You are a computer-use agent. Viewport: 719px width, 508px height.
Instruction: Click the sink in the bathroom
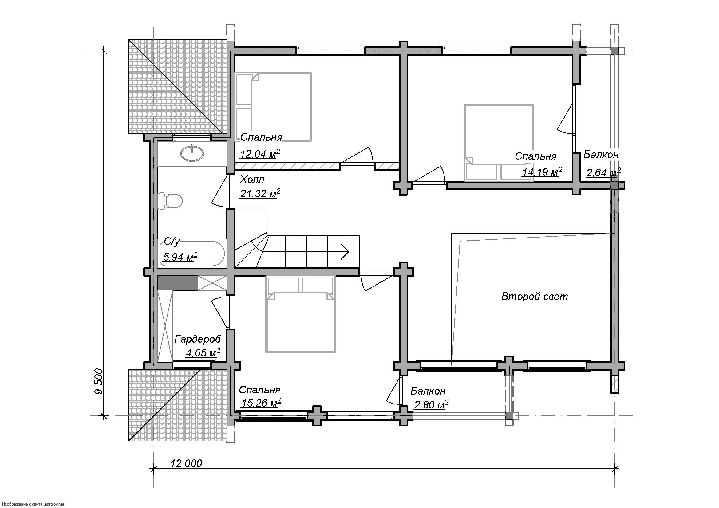192,153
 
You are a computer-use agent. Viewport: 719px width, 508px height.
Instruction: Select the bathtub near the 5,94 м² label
191,254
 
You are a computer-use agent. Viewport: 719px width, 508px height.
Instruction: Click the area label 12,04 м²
260,154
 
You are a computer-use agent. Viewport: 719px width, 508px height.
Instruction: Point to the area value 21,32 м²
260,193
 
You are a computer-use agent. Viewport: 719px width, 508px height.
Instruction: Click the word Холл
252,180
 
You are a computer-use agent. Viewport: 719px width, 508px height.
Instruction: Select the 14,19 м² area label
542,171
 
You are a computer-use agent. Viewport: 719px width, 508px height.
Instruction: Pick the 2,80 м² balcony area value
431,404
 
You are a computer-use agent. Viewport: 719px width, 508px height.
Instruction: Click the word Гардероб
198,339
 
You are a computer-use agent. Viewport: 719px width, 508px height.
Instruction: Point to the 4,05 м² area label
203,353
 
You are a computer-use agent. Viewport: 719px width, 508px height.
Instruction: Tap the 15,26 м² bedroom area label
261,403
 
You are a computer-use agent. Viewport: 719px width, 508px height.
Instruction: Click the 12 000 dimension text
186,463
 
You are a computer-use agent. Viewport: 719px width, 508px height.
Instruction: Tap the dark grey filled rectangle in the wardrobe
178,283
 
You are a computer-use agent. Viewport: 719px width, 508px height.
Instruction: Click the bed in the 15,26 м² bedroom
300,314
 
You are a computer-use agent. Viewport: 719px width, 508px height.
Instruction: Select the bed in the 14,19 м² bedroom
499,143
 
